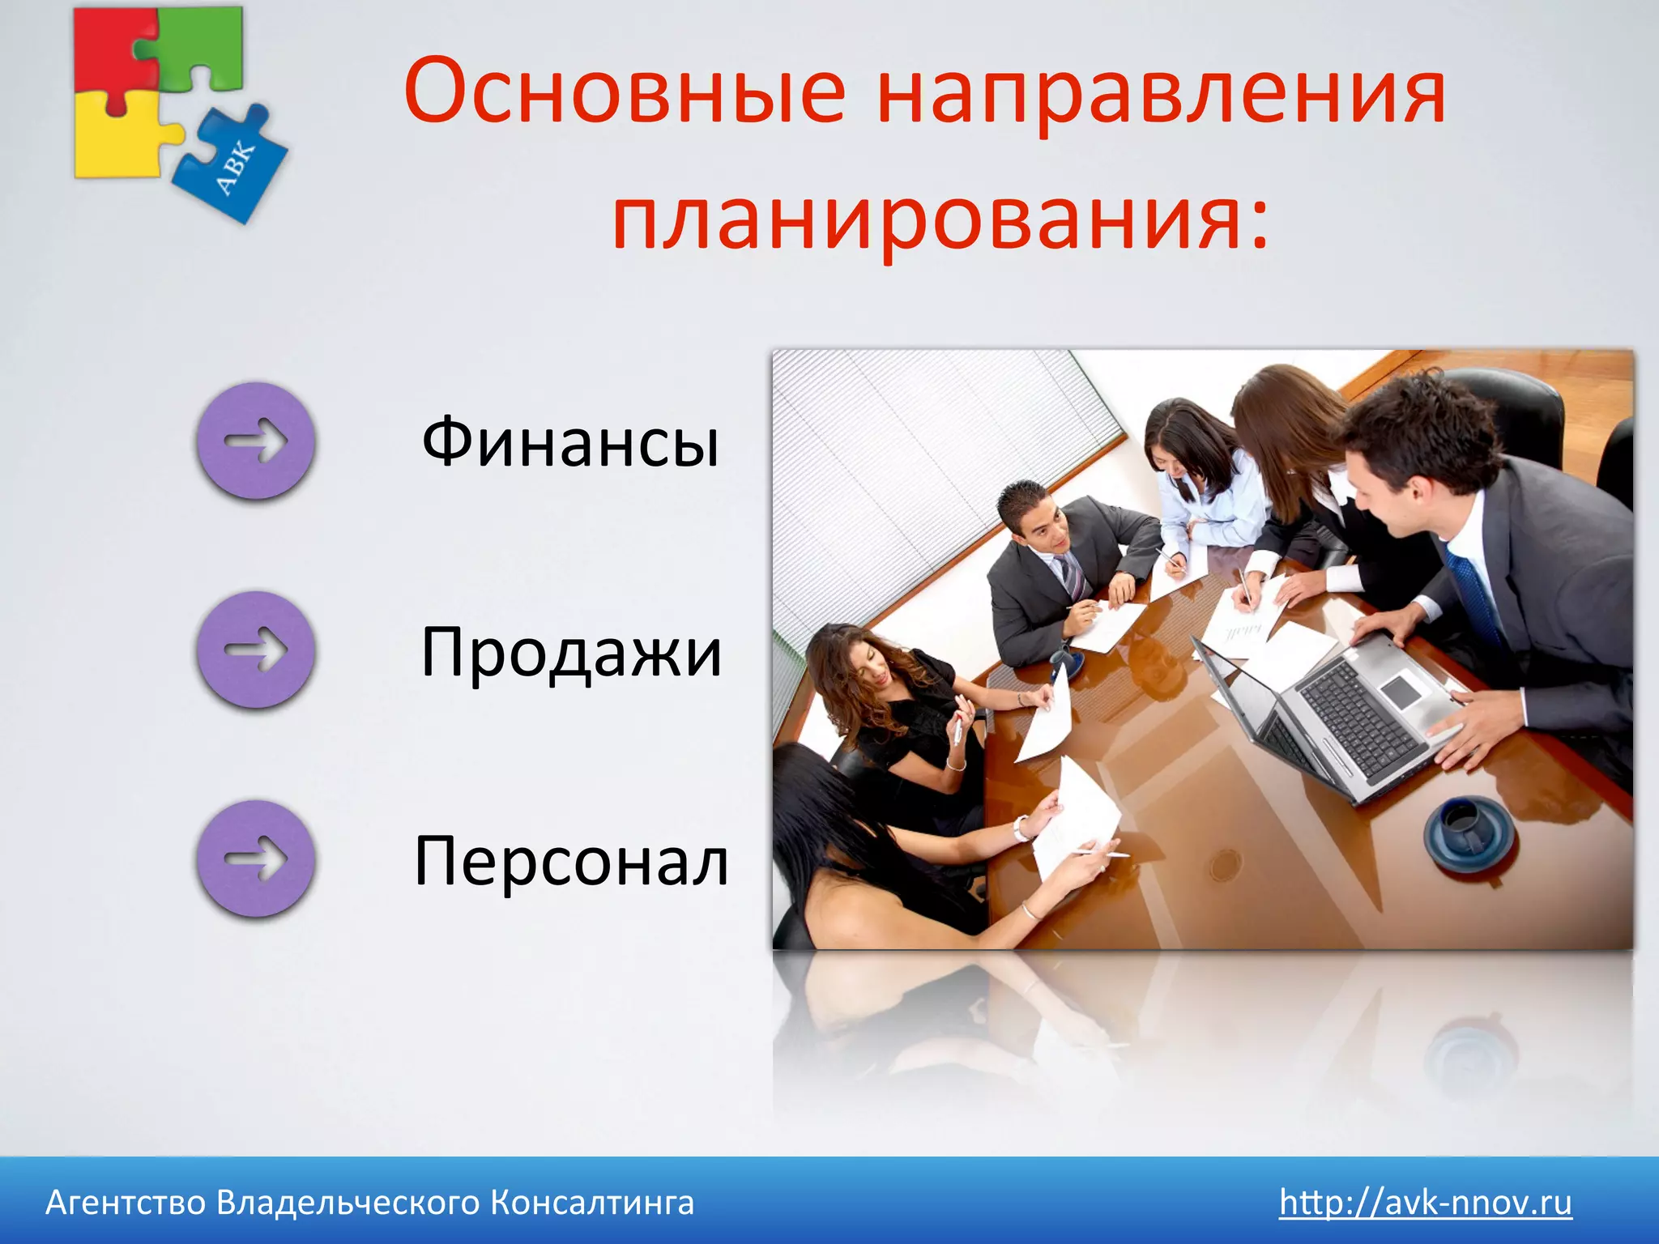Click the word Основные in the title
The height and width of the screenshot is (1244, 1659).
point(624,91)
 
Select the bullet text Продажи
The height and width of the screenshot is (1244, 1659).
point(570,653)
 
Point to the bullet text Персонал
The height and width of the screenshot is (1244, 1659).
point(570,861)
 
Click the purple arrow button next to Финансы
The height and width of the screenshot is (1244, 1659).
point(255,441)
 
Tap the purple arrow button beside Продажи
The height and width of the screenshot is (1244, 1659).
point(255,650)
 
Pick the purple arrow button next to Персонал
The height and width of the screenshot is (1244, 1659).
point(255,858)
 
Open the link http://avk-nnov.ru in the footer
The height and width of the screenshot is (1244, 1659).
point(1425,1203)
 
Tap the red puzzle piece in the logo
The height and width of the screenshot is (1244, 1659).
point(109,49)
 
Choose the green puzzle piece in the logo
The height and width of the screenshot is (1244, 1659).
point(203,49)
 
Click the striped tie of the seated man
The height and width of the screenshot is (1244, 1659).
point(1072,575)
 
